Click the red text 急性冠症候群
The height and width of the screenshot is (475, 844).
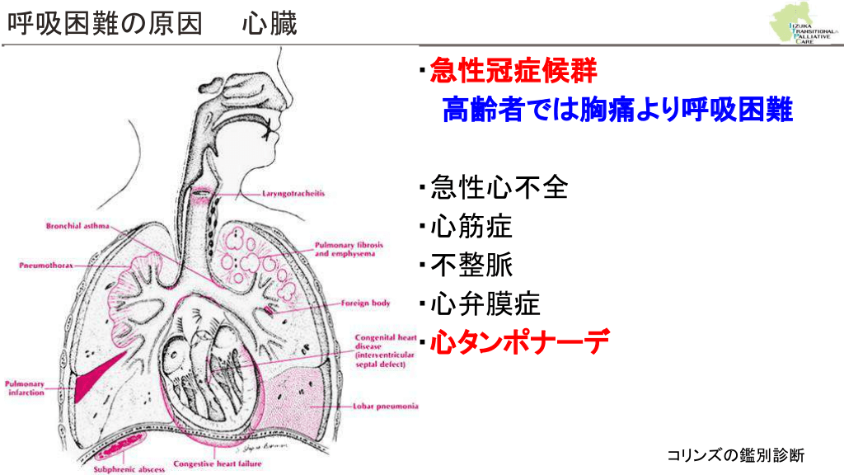[513, 73]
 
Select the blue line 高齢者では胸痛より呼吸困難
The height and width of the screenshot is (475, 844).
[617, 110]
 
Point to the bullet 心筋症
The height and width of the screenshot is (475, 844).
[471, 227]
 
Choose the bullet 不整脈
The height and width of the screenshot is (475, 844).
[471, 266]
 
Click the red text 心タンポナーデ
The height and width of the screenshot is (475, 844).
[520, 341]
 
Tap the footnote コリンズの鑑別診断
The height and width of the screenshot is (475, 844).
[735, 454]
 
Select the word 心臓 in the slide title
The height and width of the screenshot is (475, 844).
[270, 24]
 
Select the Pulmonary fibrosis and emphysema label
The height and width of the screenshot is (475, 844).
[345, 250]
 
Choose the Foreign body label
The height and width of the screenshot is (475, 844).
[366, 303]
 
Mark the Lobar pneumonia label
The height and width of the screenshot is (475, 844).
[385, 407]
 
